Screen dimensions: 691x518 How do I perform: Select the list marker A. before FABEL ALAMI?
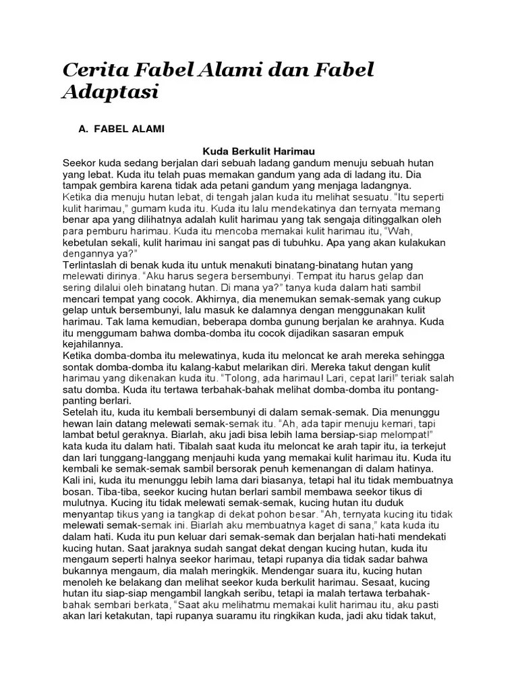[x=84, y=128]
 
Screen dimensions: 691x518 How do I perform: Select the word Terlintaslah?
[x=93, y=265]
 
